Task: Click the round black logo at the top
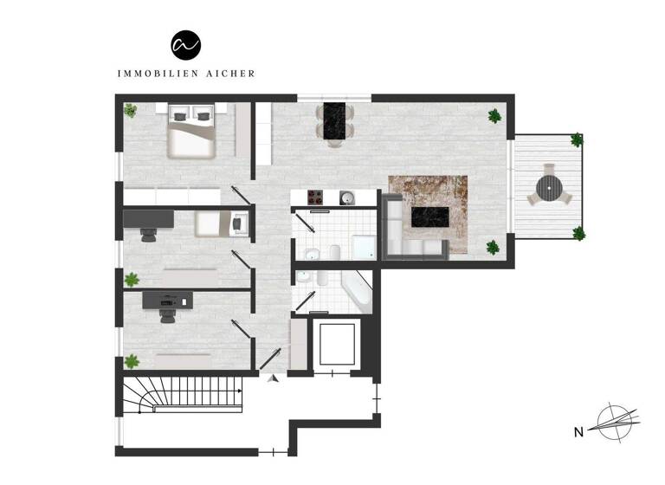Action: point(185,44)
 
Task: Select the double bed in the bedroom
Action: point(191,133)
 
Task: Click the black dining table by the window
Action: point(333,120)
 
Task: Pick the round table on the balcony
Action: point(548,187)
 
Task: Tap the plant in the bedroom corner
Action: point(130,110)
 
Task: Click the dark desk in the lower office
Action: point(167,299)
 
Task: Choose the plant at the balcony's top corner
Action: point(576,139)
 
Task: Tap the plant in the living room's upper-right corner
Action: point(494,115)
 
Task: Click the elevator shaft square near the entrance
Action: point(338,345)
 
